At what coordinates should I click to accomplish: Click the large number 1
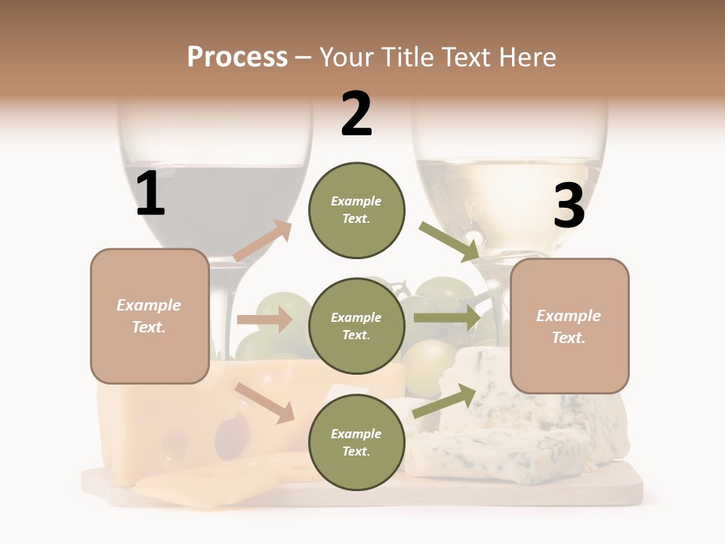click(x=150, y=194)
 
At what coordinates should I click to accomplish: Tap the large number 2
click(x=356, y=114)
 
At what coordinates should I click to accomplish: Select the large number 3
click(x=569, y=206)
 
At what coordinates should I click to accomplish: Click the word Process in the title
click(x=237, y=57)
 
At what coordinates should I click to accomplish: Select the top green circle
click(x=356, y=210)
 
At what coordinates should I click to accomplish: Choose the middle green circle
click(x=356, y=326)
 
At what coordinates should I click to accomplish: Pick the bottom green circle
click(x=356, y=442)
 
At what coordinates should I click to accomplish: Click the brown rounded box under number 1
click(x=150, y=316)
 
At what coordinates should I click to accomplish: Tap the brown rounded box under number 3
click(x=569, y=326)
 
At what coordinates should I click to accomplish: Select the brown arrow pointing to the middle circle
click(x=265, y=320)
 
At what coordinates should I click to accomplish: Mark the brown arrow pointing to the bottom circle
click(x=265, y=403)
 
